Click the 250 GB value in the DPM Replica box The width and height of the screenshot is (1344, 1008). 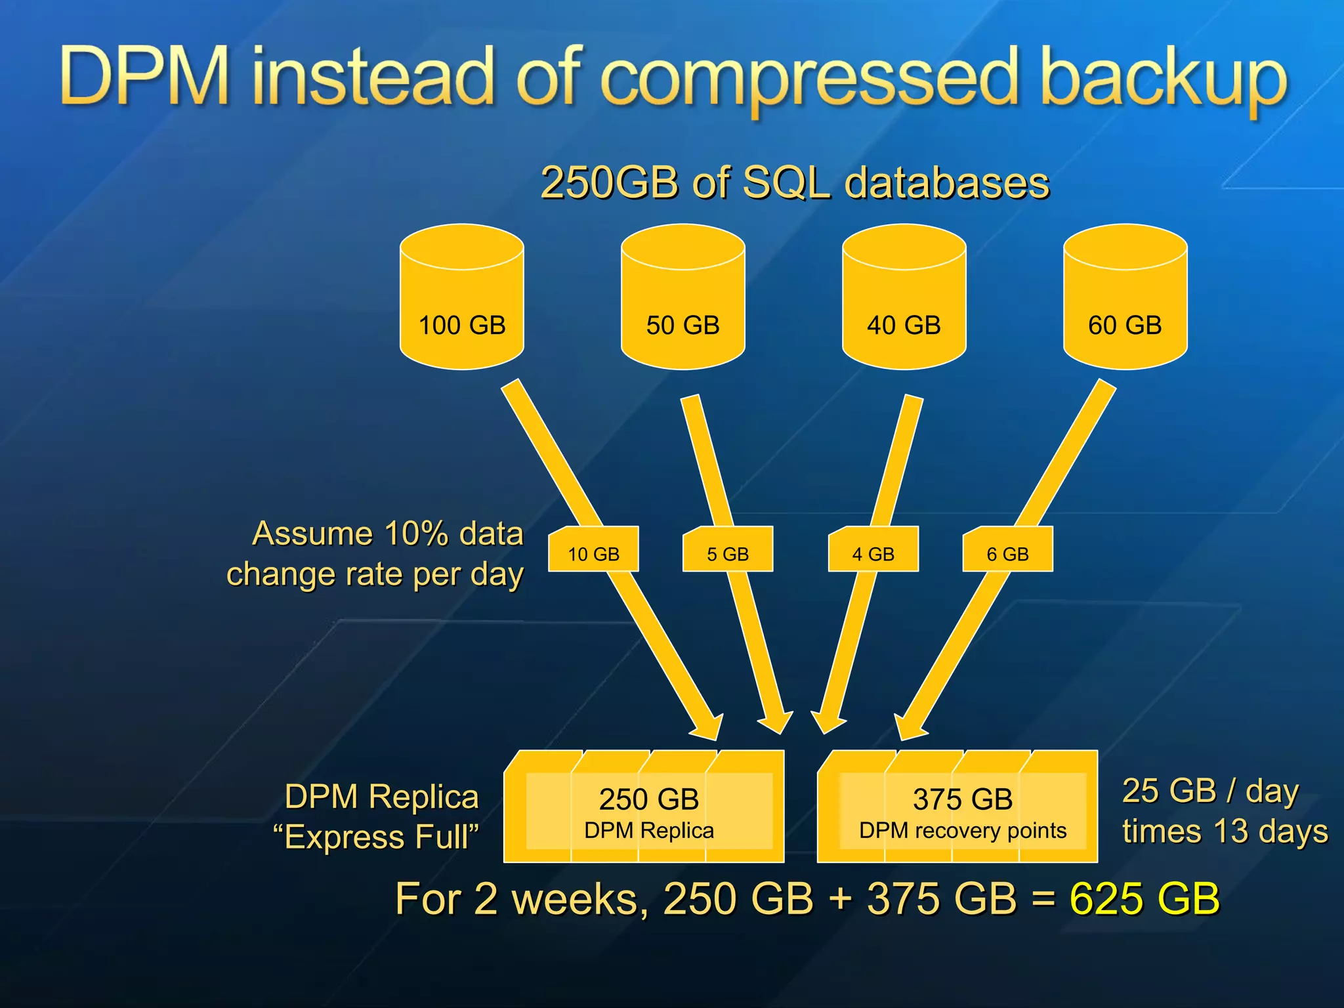tap(648, 799)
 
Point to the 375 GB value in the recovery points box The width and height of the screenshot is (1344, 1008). tap(963, 799)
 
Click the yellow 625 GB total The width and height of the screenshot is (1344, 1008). tap(1144, 898)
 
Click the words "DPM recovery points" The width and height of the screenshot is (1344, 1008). tap(963, 831)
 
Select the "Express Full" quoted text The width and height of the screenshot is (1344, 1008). tap(376, 837)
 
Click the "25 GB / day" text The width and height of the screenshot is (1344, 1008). tap(1210, 791)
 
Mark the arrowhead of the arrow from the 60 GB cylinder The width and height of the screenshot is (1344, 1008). tap(909, 726)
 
